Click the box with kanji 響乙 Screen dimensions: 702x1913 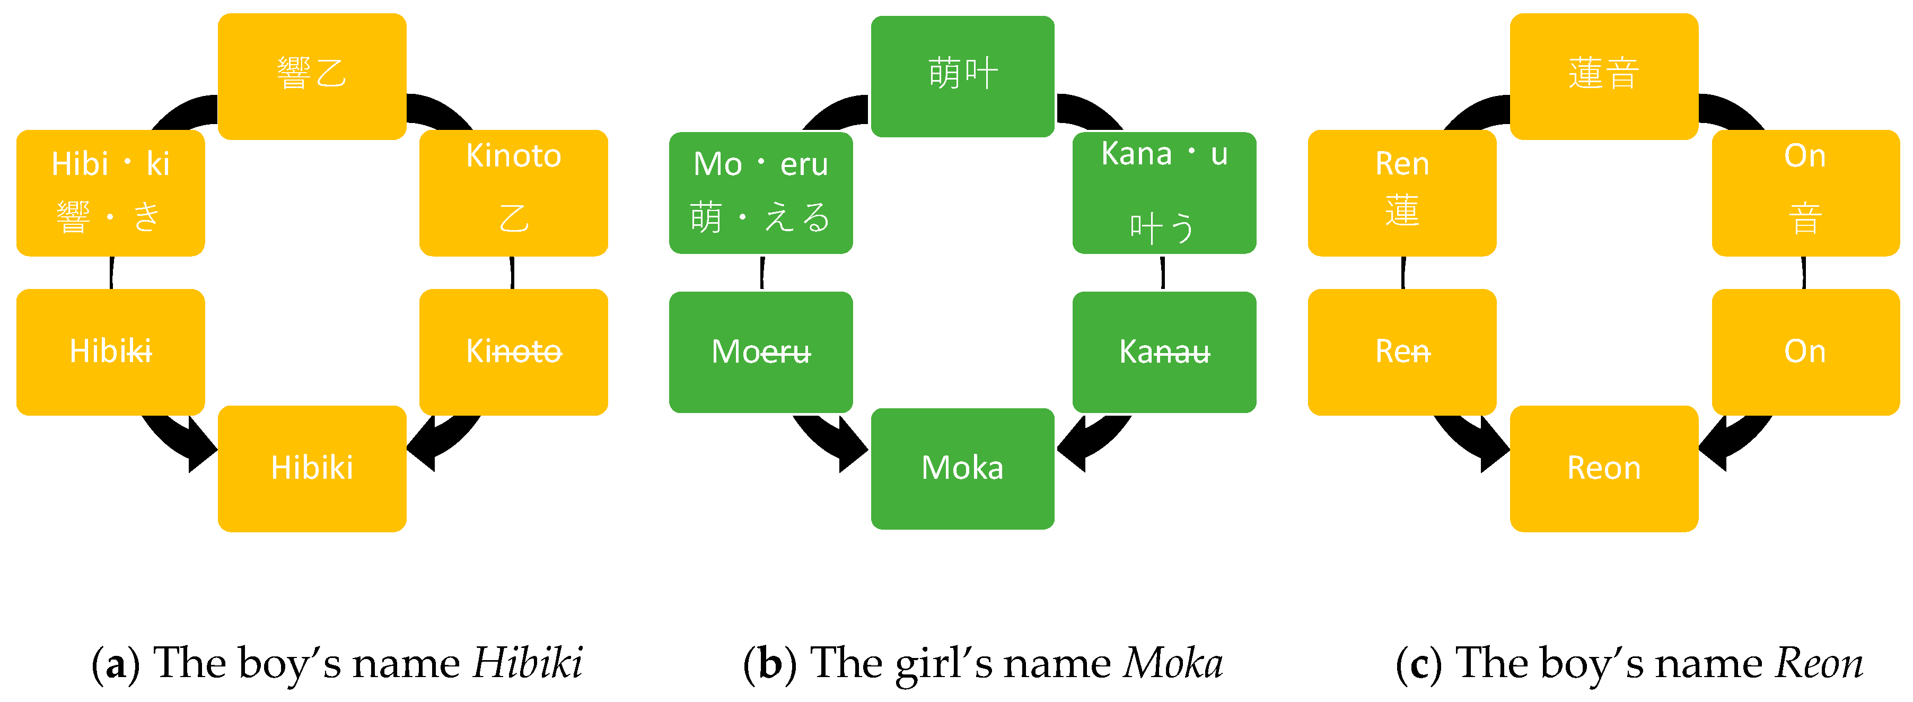[x=312, y=76]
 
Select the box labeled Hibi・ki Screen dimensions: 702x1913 [x=111, y=192]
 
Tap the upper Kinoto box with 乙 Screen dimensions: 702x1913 [x=513, y=192]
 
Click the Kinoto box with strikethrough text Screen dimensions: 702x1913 [x=513, y=352]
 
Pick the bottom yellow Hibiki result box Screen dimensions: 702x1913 [x=312, y=468]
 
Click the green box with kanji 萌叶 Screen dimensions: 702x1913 [x=962, y=76]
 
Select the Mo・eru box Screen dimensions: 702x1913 [x=760, y=192]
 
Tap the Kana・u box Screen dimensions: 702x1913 [x=1164, y=192]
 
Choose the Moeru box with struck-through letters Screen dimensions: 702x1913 [x=760, y=352]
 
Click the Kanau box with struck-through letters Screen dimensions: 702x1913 [x=1164, y=352]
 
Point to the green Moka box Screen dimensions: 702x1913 [x=962, y=468]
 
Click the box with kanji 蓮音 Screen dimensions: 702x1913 [x=1604, y=76]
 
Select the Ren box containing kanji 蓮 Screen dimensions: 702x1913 [x=1402, y=192]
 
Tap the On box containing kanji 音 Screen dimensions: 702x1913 [x=1805, y=192]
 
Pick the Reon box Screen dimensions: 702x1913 [x=1604, y=468]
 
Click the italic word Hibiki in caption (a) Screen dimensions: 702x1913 [x=527, y=663]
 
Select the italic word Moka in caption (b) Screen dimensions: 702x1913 [x=1173, y=663]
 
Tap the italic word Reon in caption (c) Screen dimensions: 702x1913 [x=1819, y=663]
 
